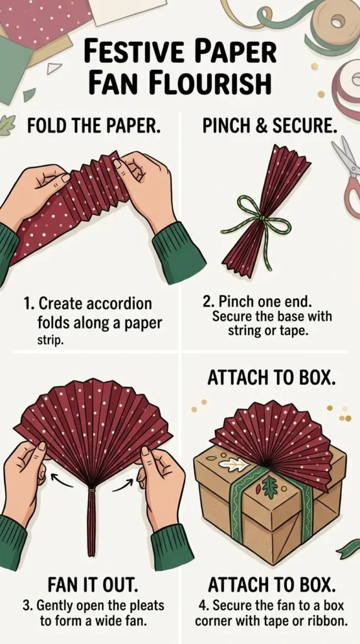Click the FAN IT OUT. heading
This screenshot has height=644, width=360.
(x=90, y=587)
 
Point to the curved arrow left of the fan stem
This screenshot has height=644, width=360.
(x=61, y=479)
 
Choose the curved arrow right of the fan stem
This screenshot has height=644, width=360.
(x=123, y=483)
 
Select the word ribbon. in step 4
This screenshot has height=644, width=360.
(x=327, y=621)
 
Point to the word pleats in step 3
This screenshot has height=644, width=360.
(x=146, y=606)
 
